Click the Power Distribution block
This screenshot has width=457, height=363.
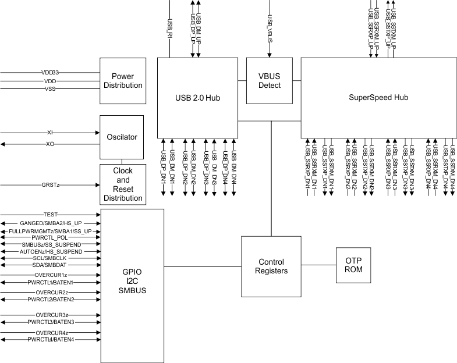pos(122,80)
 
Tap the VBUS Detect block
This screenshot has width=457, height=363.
pos(269,80)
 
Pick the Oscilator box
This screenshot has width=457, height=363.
pos(122,137)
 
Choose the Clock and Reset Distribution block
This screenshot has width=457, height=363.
pos(122,184)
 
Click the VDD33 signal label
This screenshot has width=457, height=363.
pos(50,73)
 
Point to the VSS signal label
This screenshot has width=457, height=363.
pos(50,89)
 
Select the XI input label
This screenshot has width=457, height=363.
pos(50,133)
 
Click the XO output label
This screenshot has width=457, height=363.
pos(50,144)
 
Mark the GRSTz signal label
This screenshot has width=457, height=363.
pos(50,185)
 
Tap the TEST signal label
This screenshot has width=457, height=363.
pos(50,215)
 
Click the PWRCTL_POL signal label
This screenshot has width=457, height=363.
pos(50,237)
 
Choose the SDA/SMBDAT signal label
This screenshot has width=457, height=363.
pos(50,265)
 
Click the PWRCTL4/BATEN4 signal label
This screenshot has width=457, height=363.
pos(50,339)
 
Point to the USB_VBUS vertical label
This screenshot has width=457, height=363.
pos(269,24)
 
